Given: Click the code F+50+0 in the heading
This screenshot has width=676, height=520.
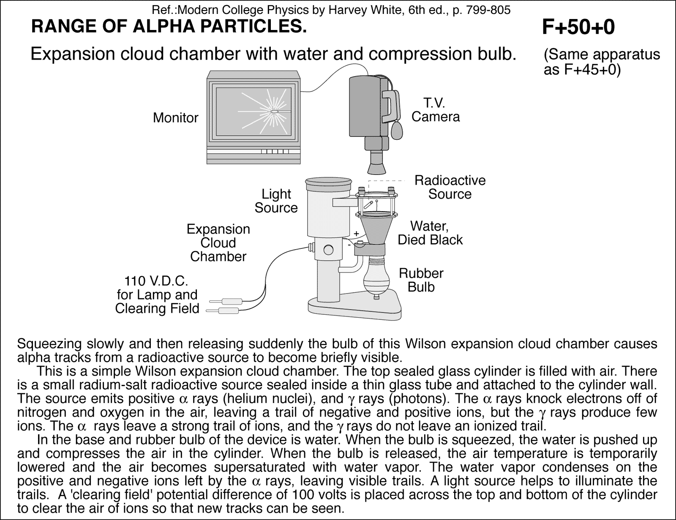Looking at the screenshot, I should [x=578, y=27].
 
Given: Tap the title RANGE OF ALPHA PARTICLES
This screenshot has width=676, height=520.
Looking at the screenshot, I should [x=169, y=27].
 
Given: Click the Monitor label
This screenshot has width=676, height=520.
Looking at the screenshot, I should [x=175, y=117].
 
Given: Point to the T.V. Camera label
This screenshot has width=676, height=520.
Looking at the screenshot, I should [x=436, y=110].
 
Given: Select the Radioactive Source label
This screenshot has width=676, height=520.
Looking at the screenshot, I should [x=450, y=187].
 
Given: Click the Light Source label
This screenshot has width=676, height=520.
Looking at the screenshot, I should [x=276, y=201].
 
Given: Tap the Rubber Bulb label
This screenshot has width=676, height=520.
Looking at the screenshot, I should [x=421, y=280].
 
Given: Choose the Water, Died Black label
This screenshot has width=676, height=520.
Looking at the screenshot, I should [x=430, y=233].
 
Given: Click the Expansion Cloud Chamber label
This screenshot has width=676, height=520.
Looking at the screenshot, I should [x=218, y=243].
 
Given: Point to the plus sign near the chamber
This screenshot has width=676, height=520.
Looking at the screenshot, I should [x=356, y=233].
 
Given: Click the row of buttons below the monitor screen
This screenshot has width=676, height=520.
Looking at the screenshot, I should [x=275, y=151].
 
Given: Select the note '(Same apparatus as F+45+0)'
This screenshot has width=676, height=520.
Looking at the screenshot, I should [x=602, y=62].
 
